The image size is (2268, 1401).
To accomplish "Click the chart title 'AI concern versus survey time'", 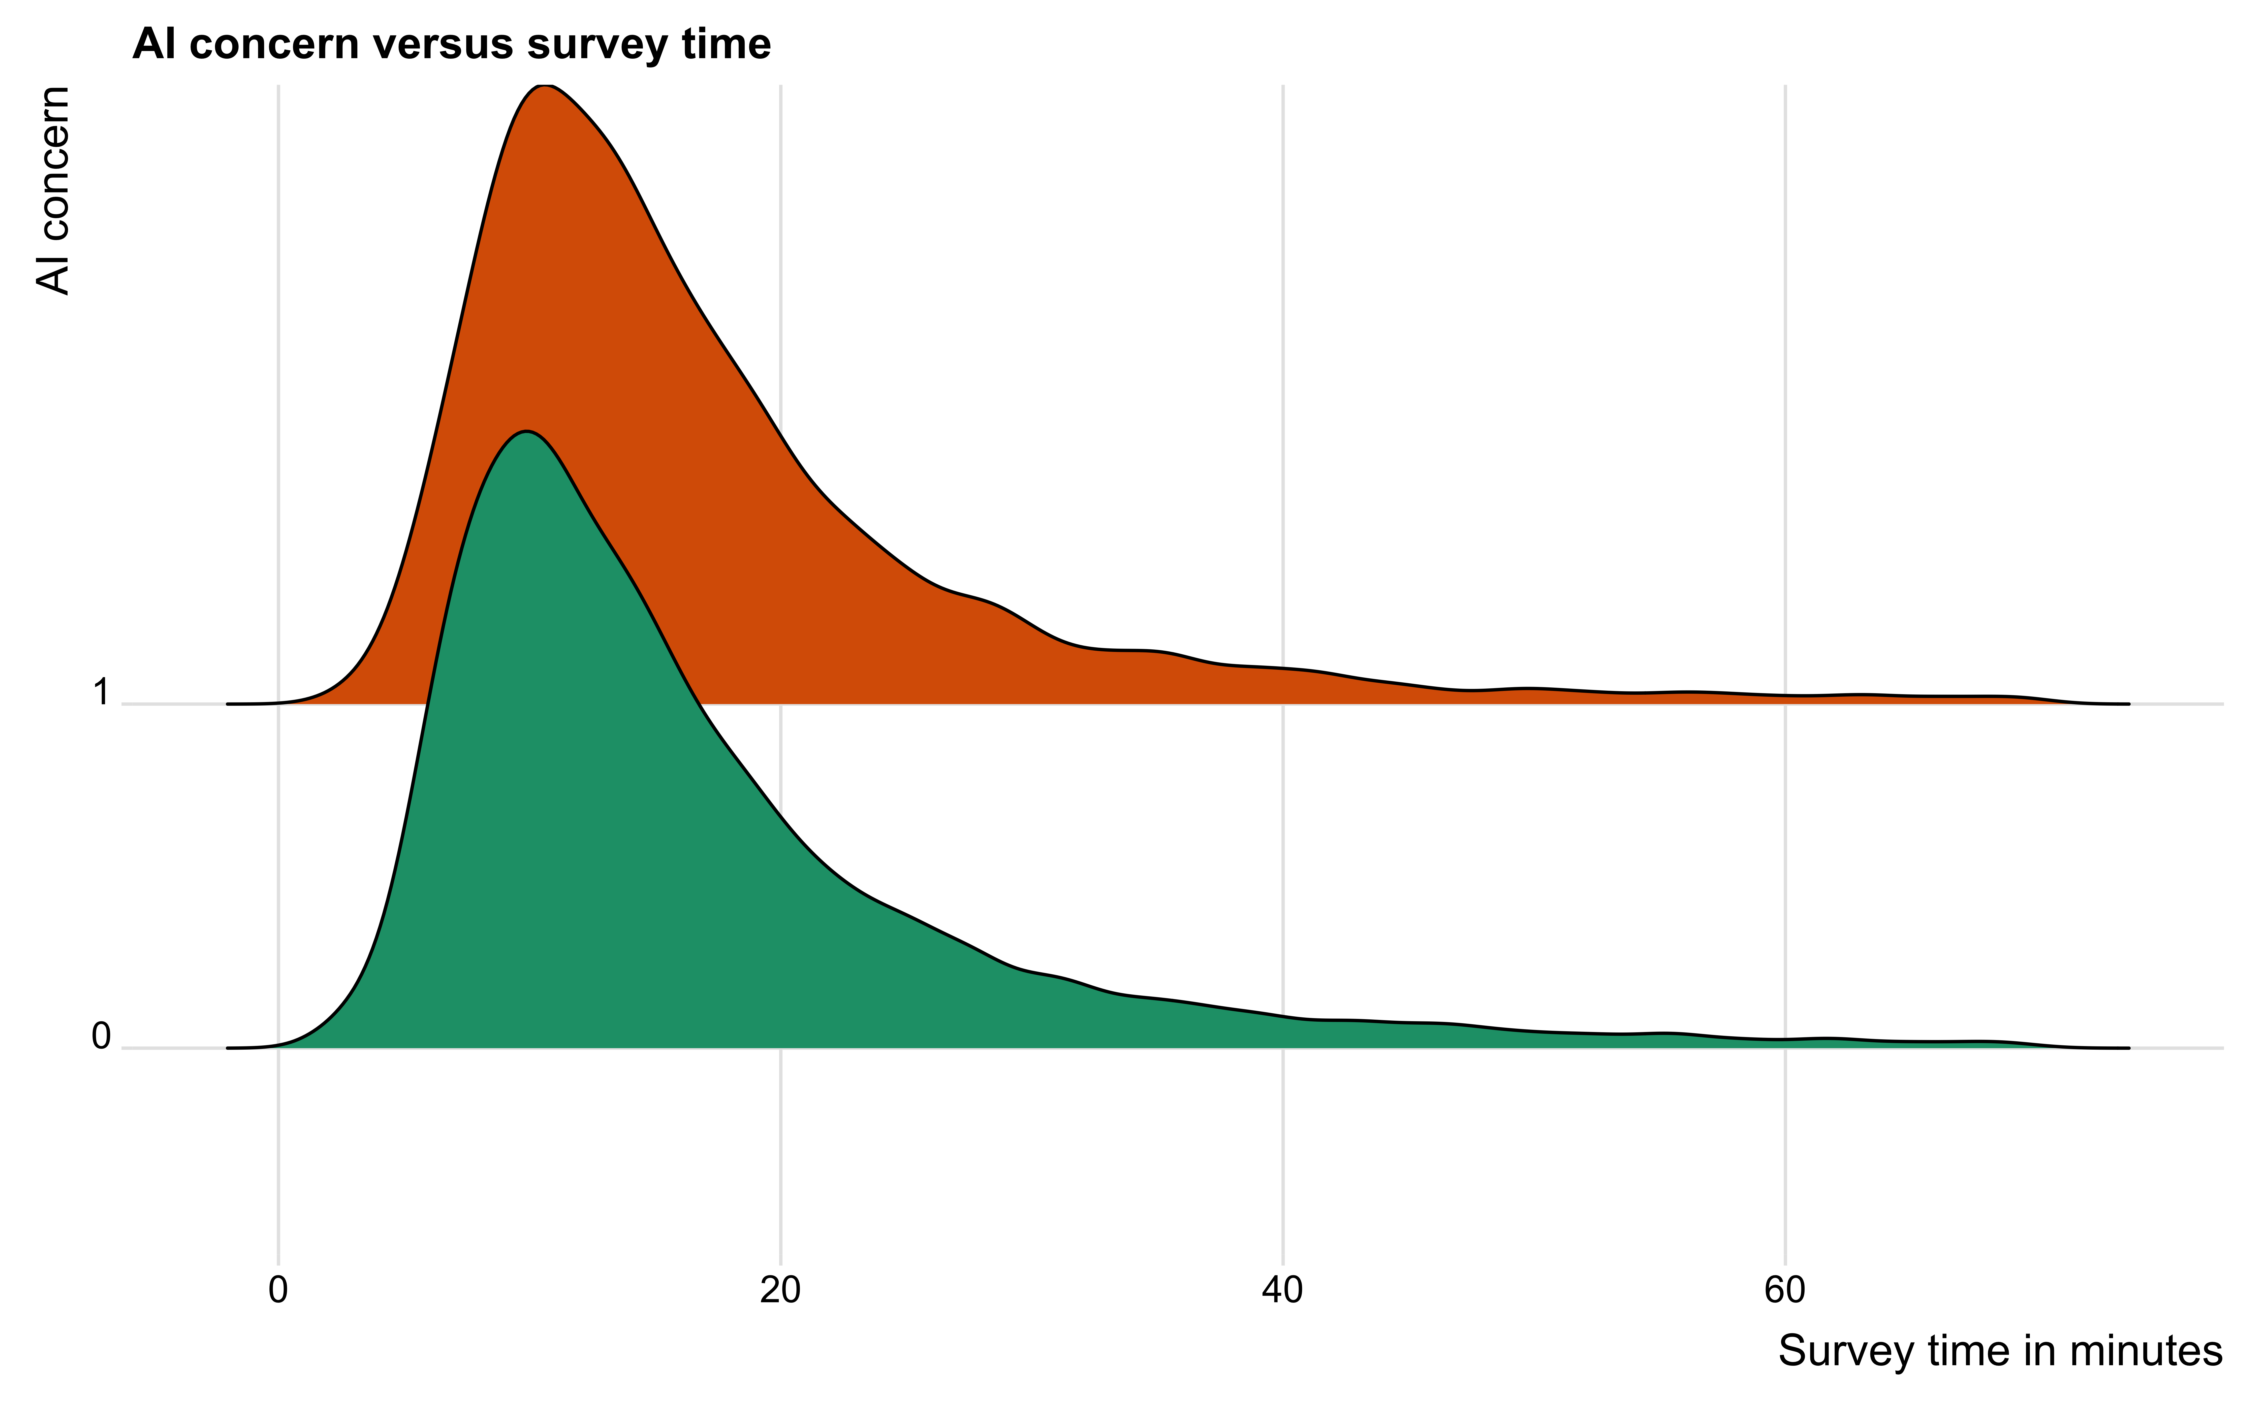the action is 451,44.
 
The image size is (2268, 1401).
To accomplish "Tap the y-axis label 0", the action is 101,1037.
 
